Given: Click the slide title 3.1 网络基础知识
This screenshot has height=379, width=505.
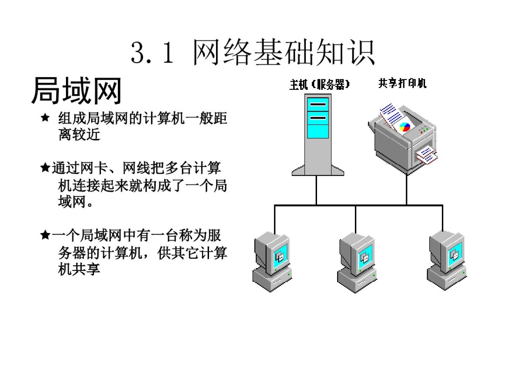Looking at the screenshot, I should pos(252,53).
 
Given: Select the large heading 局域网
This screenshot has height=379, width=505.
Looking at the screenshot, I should pos(76,91).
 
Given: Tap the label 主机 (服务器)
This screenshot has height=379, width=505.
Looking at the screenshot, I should pos(319,85).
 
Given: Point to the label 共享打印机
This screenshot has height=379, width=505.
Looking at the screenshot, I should pos(402,83).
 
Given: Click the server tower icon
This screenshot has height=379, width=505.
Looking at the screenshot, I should pos(318,133).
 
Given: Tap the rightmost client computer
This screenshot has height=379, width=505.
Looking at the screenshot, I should pos(447,260).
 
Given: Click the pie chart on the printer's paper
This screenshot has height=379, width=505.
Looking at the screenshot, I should pos(405,127).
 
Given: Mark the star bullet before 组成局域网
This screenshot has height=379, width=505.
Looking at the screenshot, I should pos(45,118).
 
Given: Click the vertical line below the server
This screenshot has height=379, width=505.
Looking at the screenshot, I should pos(316,189).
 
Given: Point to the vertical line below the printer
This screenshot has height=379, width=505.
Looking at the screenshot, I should pos(406,189).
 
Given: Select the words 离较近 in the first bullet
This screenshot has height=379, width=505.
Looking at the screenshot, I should pos(79,134).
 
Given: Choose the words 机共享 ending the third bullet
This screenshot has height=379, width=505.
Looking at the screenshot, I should pos(79,269).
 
